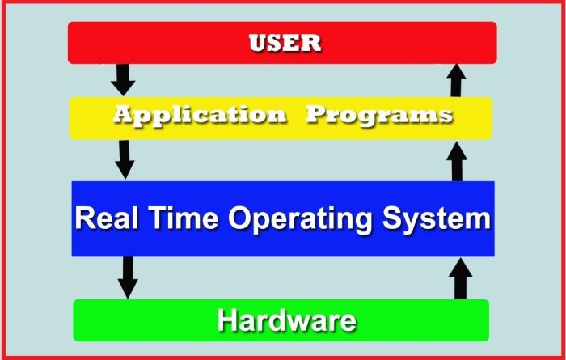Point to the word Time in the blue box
(180, 218)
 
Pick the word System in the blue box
(437, 219)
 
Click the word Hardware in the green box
(286, 320)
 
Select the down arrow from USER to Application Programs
(123, 79)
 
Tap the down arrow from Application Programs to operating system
(125, 159)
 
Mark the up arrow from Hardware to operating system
(460, 278)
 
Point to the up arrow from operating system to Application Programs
(458, 160)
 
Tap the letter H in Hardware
(227, 320)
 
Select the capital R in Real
(85, 218)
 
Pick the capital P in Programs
(316, 115)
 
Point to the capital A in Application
(123, 115)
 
